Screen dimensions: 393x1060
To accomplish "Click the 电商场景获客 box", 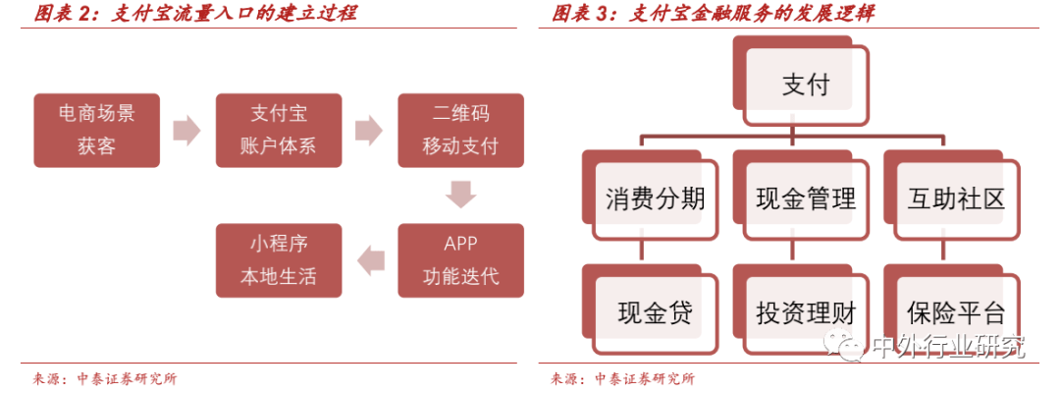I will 97,130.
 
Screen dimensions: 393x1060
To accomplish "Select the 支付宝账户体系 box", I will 278,130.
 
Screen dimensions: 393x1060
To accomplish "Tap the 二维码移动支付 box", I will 460,130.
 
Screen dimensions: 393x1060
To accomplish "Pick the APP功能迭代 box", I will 460,260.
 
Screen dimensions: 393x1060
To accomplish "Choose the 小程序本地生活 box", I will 278,260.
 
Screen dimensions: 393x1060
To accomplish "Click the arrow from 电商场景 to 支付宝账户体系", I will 186,130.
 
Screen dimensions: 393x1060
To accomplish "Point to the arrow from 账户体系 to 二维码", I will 369,130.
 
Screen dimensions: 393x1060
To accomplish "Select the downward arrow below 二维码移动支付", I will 460,195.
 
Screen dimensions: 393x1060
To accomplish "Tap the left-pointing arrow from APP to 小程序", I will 370,260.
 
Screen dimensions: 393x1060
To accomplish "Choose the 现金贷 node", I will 654,312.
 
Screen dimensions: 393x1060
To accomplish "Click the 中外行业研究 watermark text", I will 947,347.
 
